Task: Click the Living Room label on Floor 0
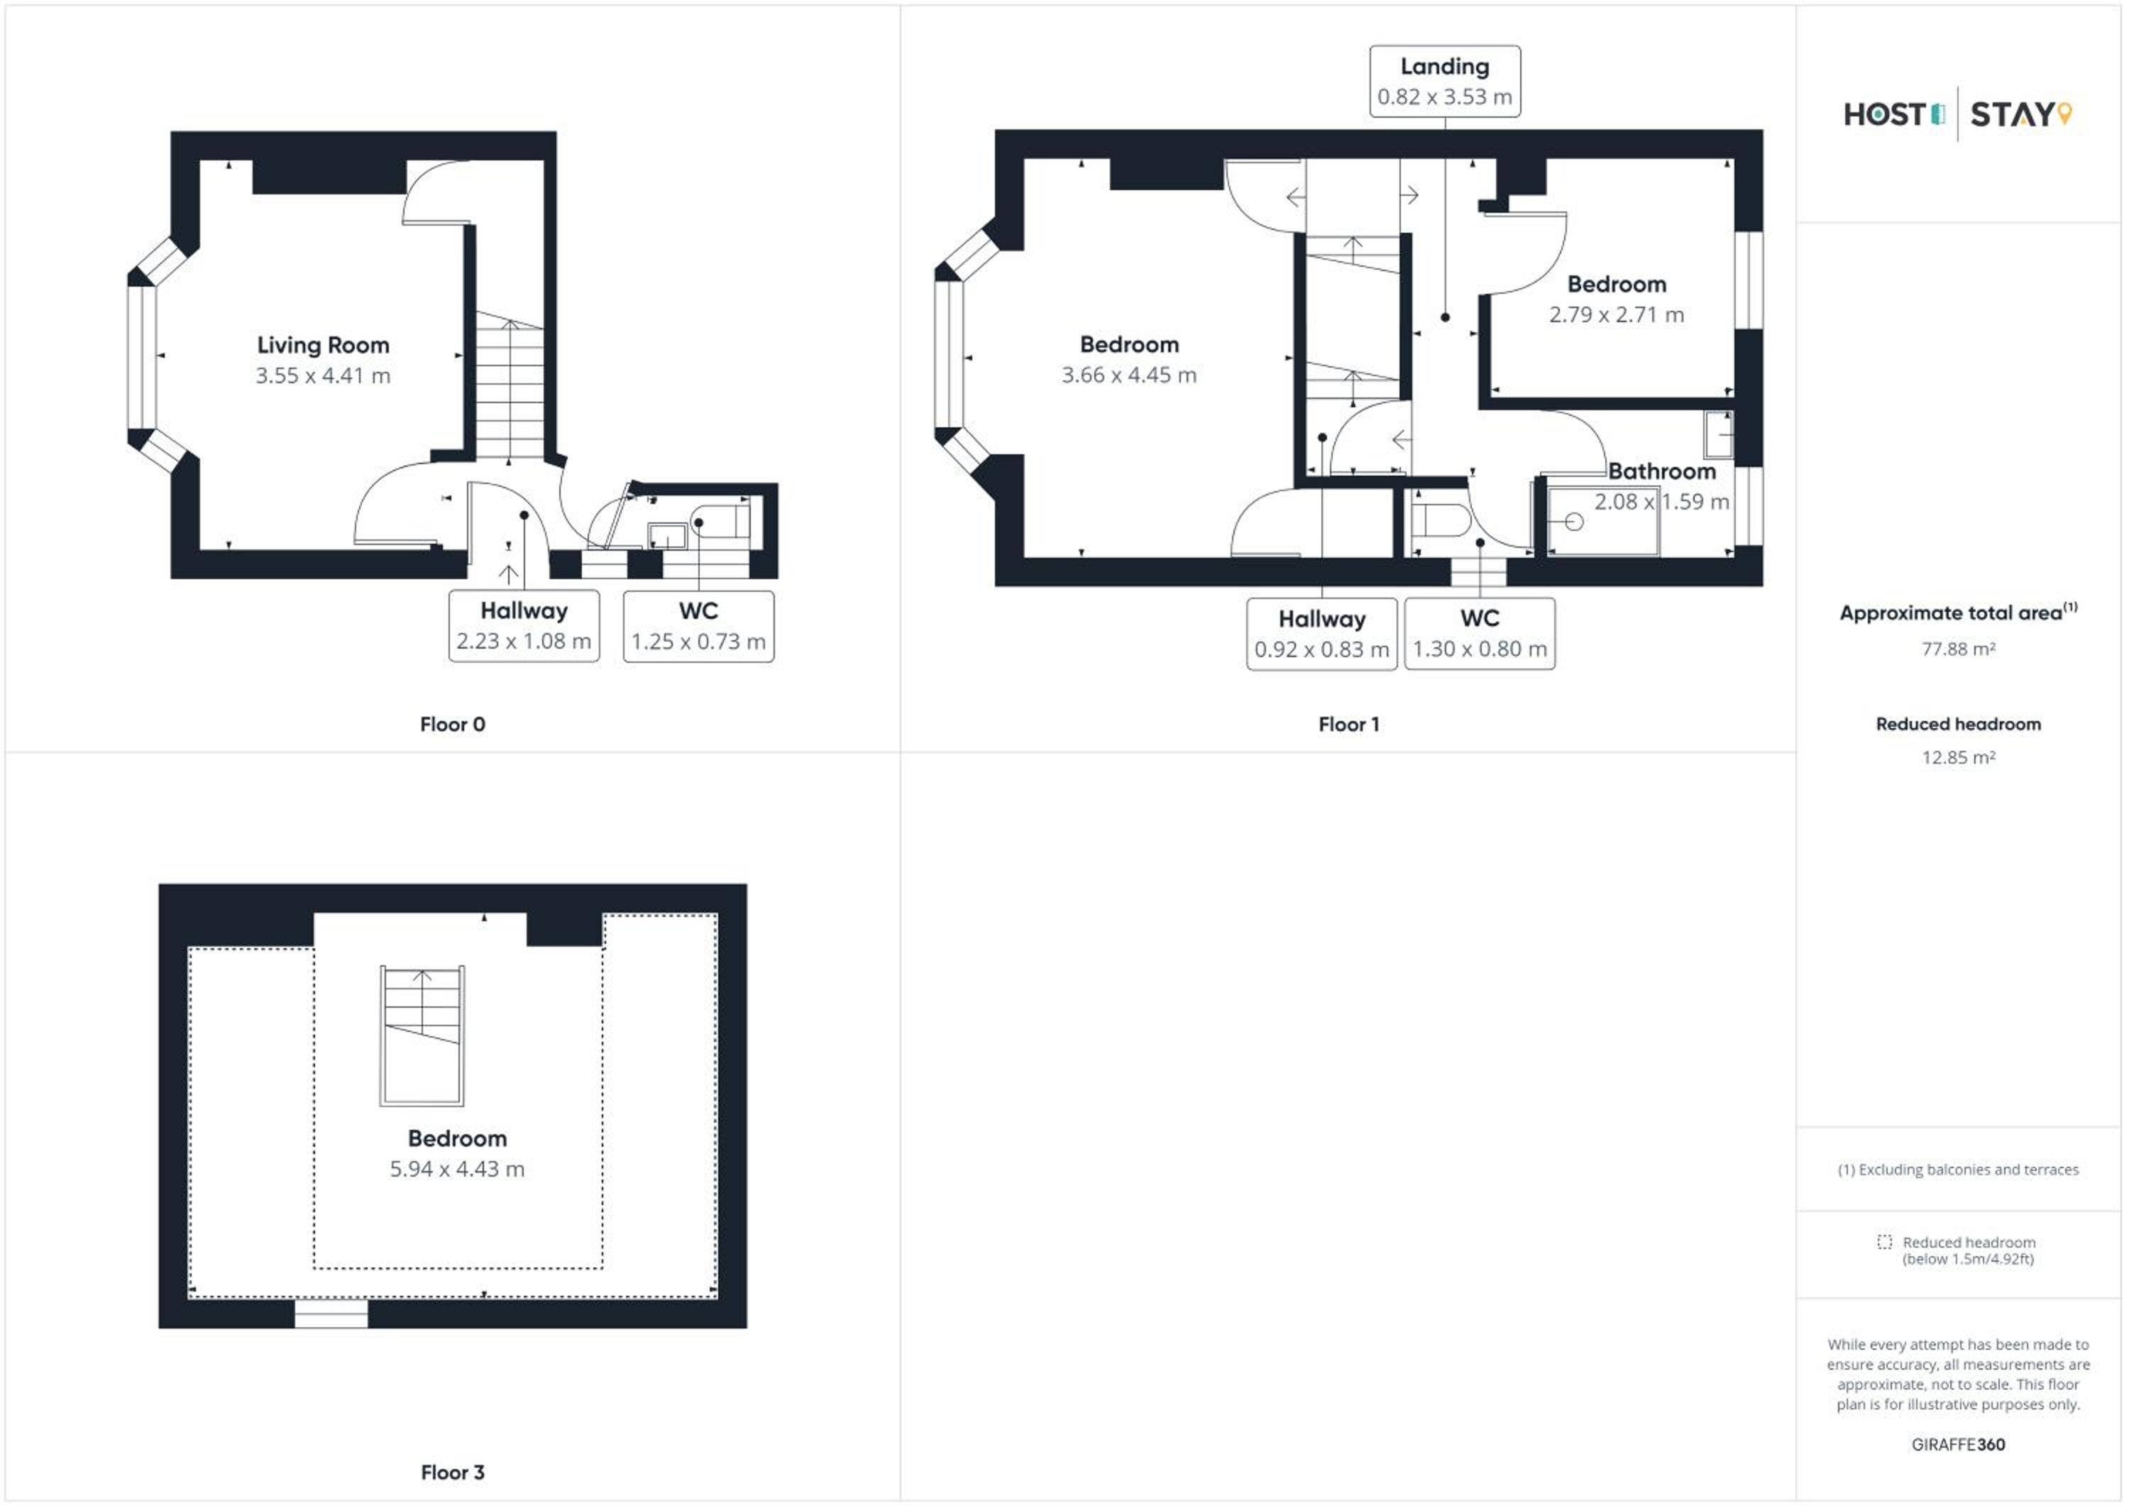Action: (x=323, y=345)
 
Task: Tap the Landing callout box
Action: (x=1445, y=82)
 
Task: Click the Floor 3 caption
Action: (x=453, y=1473)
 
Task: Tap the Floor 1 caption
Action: (x=1348, y=724)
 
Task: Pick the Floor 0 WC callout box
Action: (x=698, y=626)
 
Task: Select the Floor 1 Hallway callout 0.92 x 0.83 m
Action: (x=1321, y=634)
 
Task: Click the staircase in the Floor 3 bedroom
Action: (x=422, y=1036)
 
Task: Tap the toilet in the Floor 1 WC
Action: (x=1439, y=520)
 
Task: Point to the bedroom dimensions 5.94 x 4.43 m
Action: (x=457, y=1170)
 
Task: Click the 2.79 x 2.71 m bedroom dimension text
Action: (x=1616, y=315)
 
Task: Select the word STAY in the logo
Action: (x=2011, y=115)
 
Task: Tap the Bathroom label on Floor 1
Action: (x=1661, y=471)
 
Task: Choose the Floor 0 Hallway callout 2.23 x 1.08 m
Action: (x=524, y=626)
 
